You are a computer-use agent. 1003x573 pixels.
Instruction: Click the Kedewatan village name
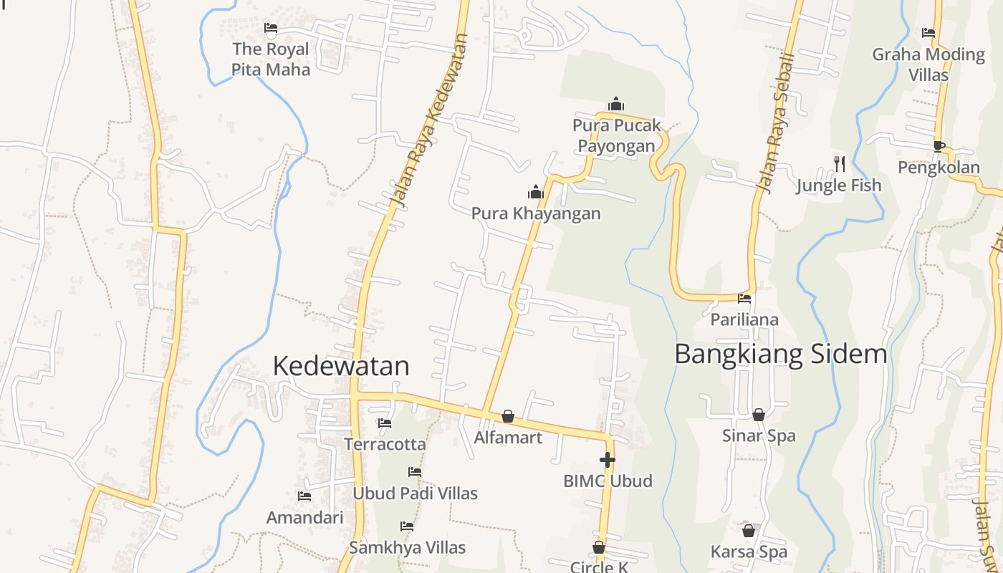(341, 365)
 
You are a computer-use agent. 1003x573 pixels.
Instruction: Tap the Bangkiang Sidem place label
(780, 354)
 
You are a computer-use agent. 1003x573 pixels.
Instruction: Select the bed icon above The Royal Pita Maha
(270, 28)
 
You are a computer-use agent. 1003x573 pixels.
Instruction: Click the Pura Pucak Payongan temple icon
(615, 105)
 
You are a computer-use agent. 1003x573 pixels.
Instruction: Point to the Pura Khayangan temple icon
(535, 192)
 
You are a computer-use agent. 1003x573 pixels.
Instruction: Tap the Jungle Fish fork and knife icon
(839, 164)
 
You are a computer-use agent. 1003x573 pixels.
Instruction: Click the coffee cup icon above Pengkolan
(939, 146)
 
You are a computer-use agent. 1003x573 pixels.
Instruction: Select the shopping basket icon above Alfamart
(507, 416)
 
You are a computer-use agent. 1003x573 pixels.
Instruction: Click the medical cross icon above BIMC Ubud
(608, 459)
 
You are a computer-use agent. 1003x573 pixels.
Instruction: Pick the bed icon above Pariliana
(744, 298)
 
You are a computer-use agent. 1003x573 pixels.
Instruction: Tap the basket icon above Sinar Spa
(758, 415)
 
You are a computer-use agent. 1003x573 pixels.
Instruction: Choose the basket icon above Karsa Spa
(749, 531)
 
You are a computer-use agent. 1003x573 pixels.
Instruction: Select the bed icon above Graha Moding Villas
(928, 33)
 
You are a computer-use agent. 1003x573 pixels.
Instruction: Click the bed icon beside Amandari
(304, 496)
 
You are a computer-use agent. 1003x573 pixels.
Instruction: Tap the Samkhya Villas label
(407, 548)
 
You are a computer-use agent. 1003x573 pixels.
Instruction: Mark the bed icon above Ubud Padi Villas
(414, 472)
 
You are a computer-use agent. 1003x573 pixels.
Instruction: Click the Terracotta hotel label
(385, 444)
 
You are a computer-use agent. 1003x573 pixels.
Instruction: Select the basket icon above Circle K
(599, 548)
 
